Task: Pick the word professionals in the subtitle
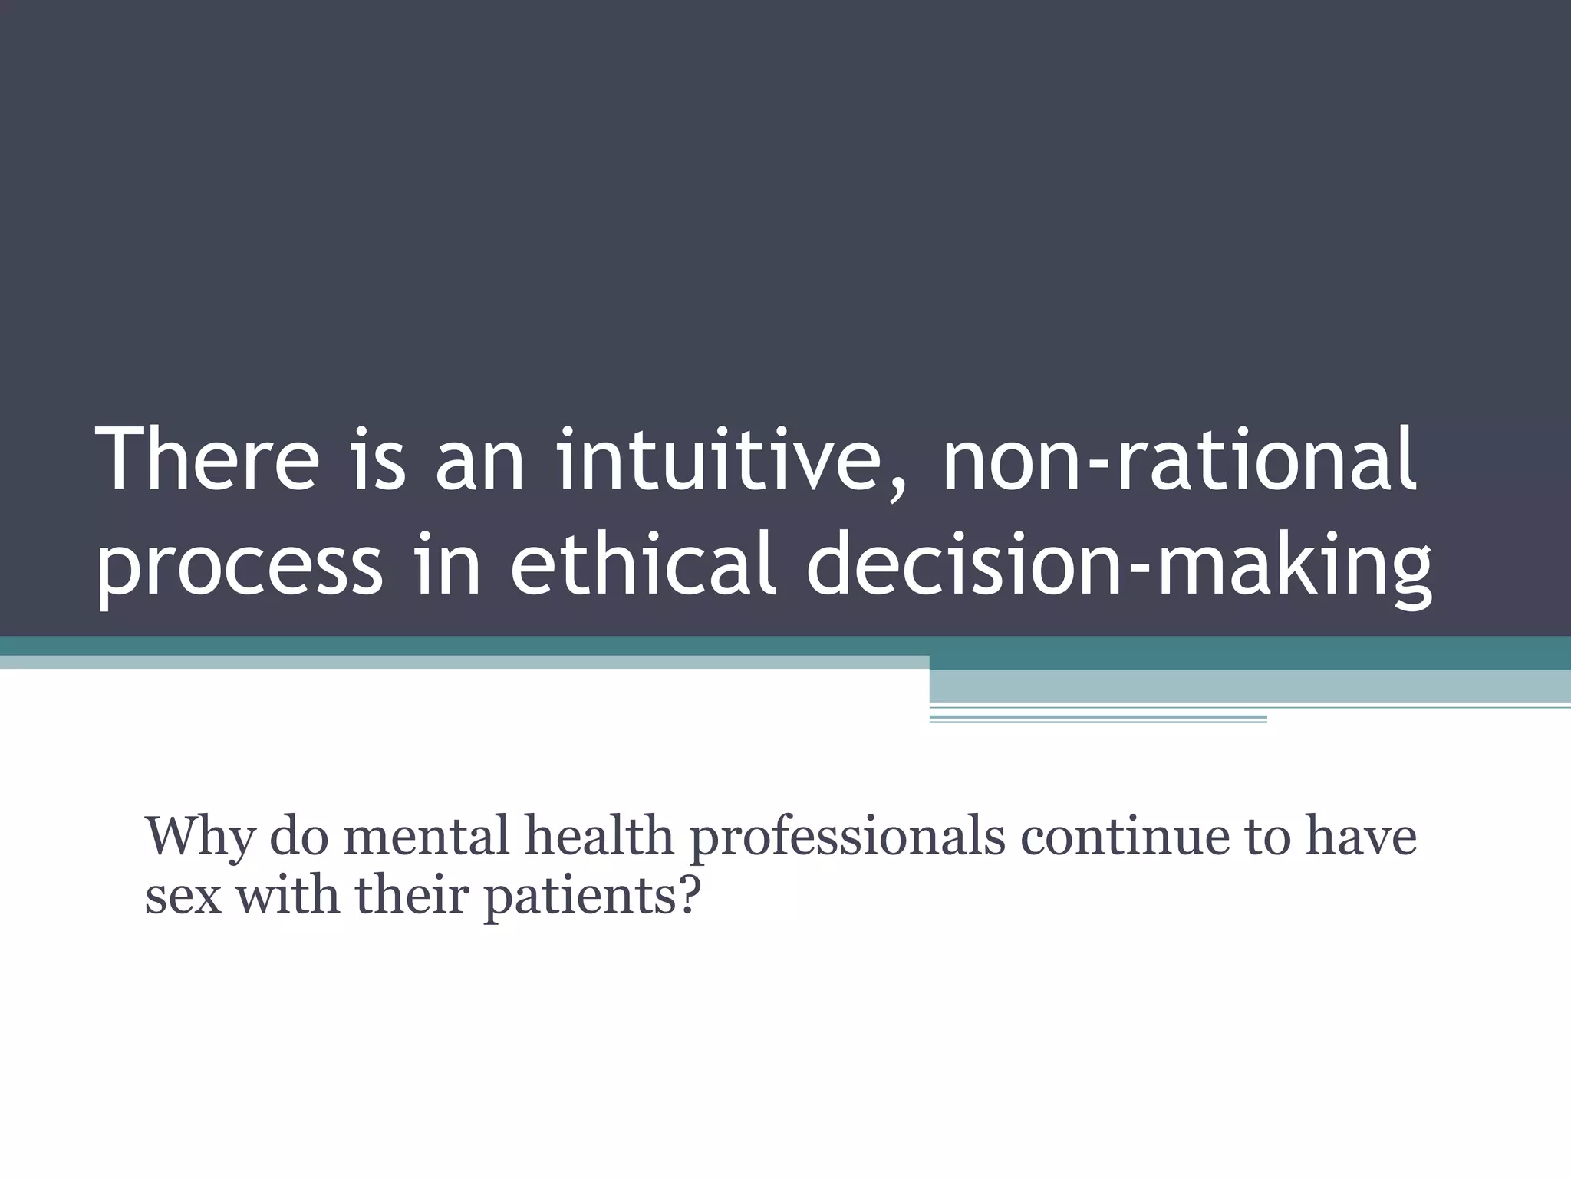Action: (x=848, y=838)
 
